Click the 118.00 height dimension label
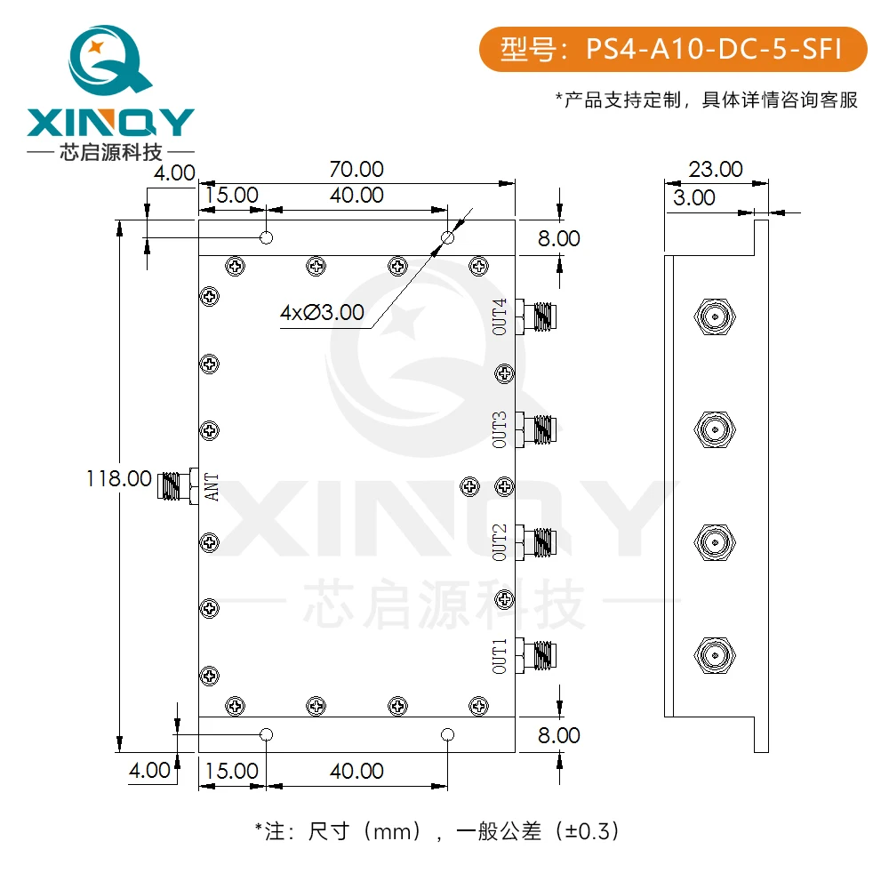(x=118, y=478)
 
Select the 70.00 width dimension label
(x=356, y=169)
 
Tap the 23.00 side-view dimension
(x=717, y=169)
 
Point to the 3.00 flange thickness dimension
(x=693, y=197)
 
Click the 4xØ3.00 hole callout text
(x=322, y=312)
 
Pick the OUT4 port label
(x=501, y=316)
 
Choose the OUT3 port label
(x=501, y=429)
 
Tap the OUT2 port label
(x=501, y=542)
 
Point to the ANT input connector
(x=177, y=485)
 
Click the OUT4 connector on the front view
(x=538, y=316)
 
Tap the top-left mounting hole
(x=266, y=238)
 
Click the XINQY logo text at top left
(x=111, y=122)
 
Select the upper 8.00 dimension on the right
(x=557, y=238)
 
